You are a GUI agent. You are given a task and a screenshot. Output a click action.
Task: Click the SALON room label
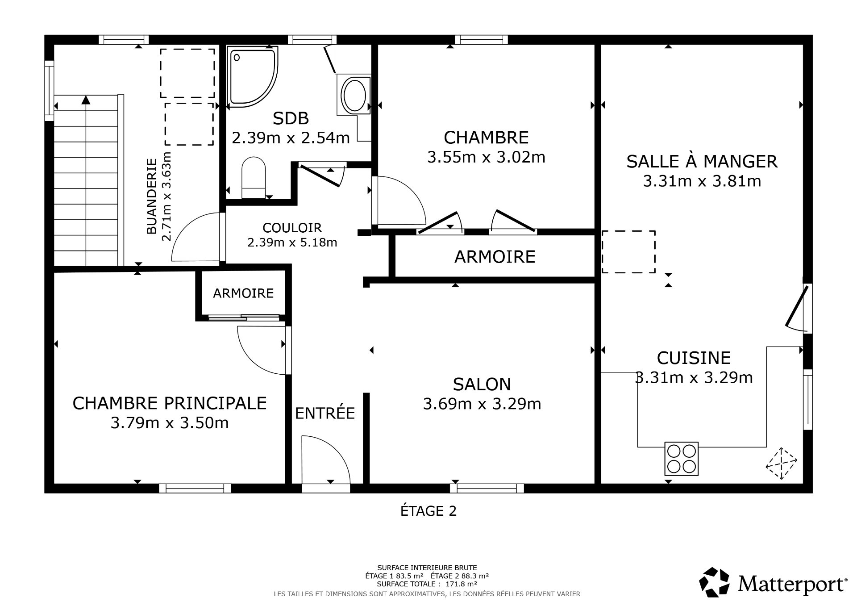481,384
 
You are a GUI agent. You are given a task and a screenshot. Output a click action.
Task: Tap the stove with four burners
681,459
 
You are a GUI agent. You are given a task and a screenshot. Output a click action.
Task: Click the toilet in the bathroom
254,178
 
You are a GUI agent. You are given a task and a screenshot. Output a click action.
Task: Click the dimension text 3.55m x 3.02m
486,157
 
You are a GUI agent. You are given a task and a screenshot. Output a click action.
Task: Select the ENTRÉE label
325,413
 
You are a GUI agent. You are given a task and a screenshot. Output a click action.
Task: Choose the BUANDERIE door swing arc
194,237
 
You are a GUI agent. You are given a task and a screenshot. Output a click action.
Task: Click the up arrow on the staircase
86,100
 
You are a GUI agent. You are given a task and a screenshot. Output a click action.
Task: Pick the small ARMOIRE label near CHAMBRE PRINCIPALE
243,293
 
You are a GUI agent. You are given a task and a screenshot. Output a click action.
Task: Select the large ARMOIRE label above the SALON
495,257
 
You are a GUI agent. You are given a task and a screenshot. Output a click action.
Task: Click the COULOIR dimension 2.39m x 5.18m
292,242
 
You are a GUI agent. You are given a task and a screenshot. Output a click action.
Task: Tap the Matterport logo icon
714,582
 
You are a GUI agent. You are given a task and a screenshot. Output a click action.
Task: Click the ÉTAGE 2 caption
428,511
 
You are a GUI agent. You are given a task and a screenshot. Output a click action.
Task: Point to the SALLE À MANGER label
702,161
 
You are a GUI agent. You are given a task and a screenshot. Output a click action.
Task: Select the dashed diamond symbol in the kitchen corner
781,464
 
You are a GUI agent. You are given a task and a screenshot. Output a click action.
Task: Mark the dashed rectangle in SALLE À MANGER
628,252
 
